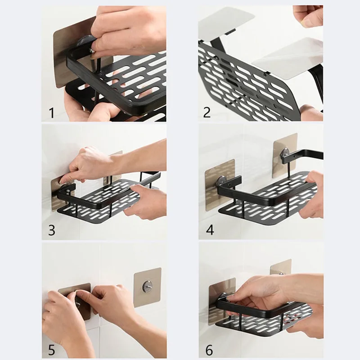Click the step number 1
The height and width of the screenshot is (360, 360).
[52, 113]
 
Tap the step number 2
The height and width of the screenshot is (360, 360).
[207, 112]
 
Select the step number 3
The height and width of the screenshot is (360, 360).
[52, 230]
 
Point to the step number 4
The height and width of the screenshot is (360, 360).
[210, 230]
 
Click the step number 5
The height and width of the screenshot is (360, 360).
[51, 350]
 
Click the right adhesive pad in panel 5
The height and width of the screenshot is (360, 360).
[148, 287]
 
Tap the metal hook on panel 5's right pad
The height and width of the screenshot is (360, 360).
[147, 286]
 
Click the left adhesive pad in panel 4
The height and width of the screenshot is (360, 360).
[220, 185]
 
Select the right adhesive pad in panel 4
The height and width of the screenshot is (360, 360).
[285, 156]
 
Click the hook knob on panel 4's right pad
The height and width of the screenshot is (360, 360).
[285, 153]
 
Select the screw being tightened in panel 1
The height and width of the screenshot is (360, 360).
[92, 50]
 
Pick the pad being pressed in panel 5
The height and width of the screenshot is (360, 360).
[75, 301]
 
